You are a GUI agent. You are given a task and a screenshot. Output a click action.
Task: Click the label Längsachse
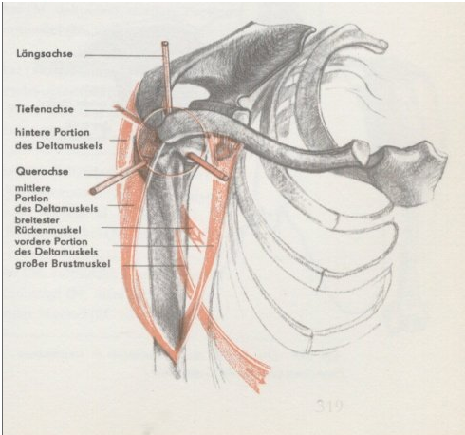45,54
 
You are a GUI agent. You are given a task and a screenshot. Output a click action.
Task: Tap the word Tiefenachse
45,109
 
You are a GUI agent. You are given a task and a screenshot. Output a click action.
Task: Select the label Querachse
42,171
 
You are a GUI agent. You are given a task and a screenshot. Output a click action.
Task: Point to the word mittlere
33,188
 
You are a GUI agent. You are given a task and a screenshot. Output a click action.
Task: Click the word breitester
37,219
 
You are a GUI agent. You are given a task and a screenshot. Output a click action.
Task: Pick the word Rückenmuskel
47,230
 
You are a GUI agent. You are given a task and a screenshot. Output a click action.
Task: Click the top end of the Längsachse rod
164,43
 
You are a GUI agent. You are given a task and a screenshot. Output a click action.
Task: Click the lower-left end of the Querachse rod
94,191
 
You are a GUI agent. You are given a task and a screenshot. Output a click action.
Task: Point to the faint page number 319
329,406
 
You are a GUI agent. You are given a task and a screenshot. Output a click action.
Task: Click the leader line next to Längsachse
123,56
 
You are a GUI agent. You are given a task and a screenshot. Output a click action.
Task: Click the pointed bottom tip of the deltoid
175,360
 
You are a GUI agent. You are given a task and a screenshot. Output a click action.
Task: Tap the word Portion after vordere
71,241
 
